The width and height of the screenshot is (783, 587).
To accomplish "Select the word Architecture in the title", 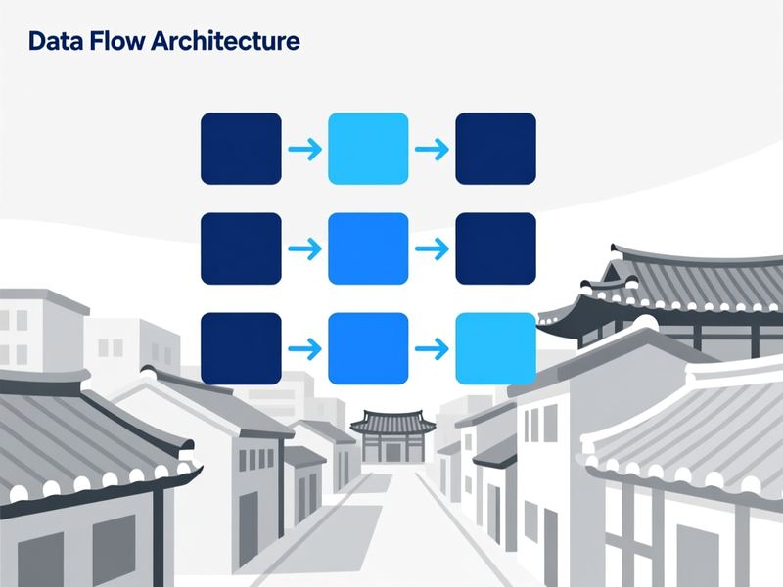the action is tap(225, 41).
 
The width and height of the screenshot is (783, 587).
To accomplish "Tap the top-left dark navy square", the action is tap(241, 149).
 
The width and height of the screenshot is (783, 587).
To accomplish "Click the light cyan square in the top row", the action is tap(368, 149).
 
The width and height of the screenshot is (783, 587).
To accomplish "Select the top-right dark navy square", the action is tap(495, 149).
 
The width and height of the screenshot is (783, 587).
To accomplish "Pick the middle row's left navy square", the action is tap(241, 248).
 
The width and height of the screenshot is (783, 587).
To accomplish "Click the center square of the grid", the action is tap(368, 248).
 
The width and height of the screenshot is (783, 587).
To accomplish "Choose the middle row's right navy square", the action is tap(495, 248).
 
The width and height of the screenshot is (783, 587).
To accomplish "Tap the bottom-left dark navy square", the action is tap(241, 348).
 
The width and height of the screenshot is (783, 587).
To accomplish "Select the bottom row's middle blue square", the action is tap(368, 348).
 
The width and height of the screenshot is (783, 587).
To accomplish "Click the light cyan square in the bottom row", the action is tap(495, 348).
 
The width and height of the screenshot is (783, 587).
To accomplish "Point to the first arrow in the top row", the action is tap(305, 149).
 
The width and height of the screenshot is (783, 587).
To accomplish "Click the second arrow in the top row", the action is tap(432, 149).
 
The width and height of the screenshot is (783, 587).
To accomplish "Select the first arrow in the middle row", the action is tap(305, 248).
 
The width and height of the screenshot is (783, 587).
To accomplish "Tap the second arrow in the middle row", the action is tap(432, 248).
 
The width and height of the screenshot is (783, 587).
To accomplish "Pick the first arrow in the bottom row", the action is tap(305, 348).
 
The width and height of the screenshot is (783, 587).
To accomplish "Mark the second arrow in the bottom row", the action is tap(432, 348).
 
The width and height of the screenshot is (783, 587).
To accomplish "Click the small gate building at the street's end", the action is tap(393, 435).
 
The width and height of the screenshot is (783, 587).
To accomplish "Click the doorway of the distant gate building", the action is tap(393, 452).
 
